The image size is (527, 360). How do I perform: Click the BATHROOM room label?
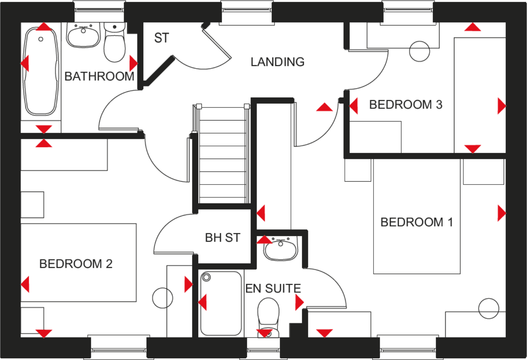click(x=99, y=76)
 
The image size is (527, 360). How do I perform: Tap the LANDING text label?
click(x=278, y=62)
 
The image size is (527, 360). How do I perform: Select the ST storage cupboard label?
click(x=161, y=38)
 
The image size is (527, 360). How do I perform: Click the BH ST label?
click(x=223, y=238)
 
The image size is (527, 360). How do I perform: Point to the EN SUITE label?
click(x=273, y=288)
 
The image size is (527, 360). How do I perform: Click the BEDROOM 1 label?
click(x=416, y=222)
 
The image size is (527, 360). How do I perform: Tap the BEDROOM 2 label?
click(x=76, y=264)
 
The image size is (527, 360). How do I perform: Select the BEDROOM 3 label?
click(x=406, y=104)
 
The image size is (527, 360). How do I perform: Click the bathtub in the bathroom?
click(x=40, y=71)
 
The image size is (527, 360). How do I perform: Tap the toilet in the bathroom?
click(x=115, y=44)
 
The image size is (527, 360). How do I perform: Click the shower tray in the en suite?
click(x=221, y=304)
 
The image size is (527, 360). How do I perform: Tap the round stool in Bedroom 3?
click(x=419, y=51)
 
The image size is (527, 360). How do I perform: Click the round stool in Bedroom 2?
click(x=163, y=298)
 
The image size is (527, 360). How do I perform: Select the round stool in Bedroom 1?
click(x=488, y=308)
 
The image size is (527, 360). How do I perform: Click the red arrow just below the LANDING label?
click(x=324, y=107)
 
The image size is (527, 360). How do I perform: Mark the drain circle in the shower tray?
click(x=207, y=278)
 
